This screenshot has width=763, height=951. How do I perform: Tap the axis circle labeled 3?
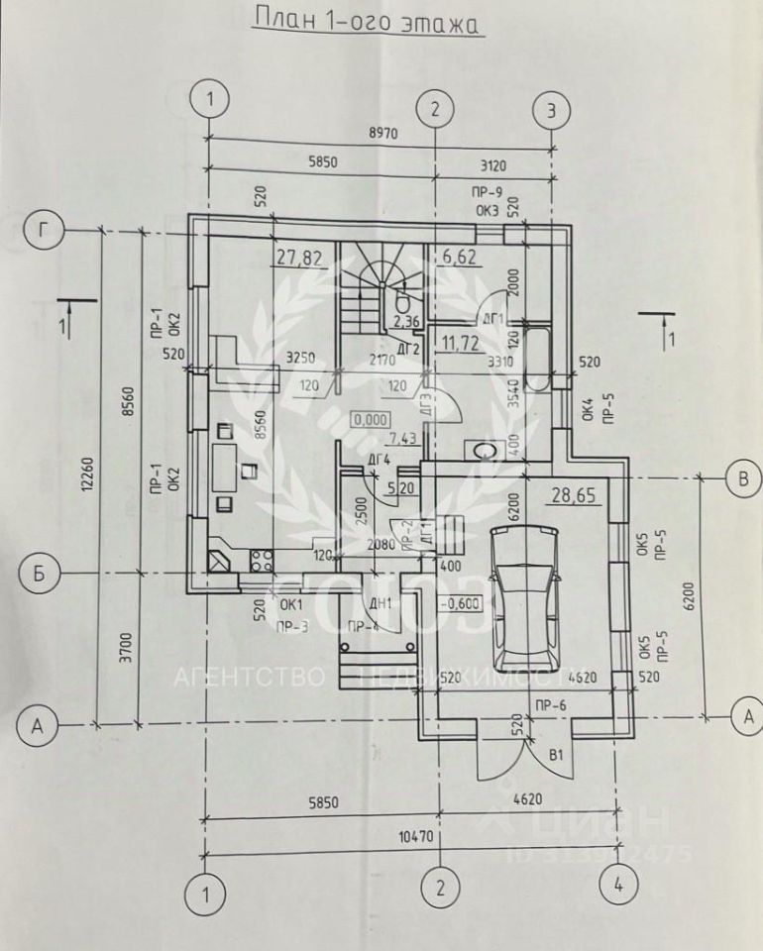click(x=552, y=108)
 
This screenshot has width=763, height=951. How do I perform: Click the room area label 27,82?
click(x=299, y=259)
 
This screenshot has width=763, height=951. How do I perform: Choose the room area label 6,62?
click(x=459, y=259)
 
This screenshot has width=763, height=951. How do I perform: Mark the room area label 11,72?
click(x=462, y=344)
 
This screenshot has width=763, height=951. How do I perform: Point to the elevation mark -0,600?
click(x=462, y=601)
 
